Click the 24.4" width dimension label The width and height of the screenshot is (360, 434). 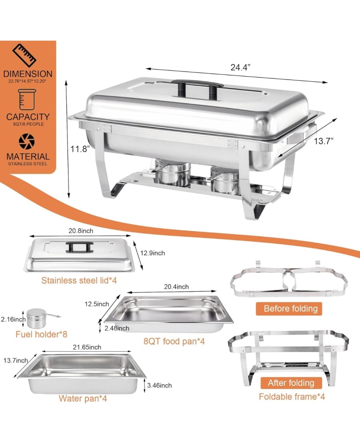pyautogui.click(x=240, y=68)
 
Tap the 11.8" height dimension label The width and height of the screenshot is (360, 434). pyautogui.click(x=80, y=149)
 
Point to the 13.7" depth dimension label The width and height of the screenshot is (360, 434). pyautogui.click(x=324, y=141)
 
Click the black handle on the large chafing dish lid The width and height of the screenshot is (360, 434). pyautogui.click(x=198, y=88)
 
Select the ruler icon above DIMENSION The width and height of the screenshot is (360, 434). pyautogui.click(x=25, y=55)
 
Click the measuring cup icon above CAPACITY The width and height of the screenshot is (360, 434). pyautogui.click(x=27, y=99)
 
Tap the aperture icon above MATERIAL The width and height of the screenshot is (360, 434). pyautogui.click(x=27, y=141)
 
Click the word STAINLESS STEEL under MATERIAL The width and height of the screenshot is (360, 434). pyautogui.click(x=28, y=164)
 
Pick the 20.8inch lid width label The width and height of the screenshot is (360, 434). pyautogui.click(x=81, y=231)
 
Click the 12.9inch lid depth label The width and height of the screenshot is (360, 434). pyautogui.click(x=153, y=253)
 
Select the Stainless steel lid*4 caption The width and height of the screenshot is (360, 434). pyautogui.click(x=79, y=280)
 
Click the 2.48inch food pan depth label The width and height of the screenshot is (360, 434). pyautogui.click(x=117, y=328)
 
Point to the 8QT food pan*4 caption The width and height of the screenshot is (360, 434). pyautogui.click(x=174, y=341)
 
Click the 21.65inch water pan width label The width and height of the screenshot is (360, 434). pyautogui.click(x=87, y=347)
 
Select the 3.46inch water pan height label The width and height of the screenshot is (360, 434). pyautogui.click(x=159, y=385)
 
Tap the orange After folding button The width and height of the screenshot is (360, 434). pyautogui.click(x=291, y=383)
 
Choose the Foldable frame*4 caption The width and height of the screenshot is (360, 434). pyautogui.click(x=292, y=397)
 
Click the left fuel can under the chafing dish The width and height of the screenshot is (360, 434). pyautogui.click(x=172, y=173)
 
